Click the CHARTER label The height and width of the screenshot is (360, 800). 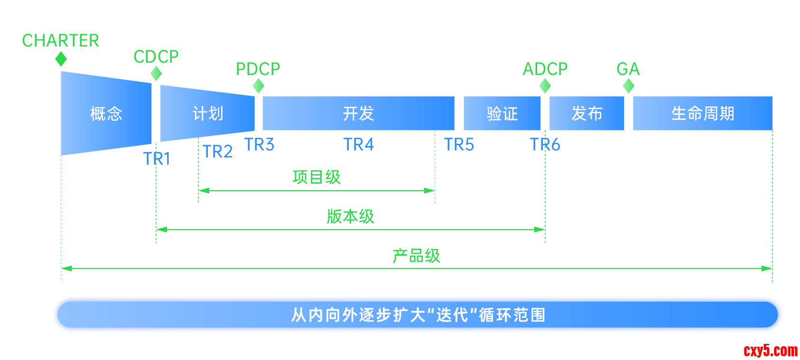point(61,41)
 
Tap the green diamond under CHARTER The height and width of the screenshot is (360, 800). point(61,59)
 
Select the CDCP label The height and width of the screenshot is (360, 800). point(156,57)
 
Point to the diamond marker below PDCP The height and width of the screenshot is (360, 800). point(259,86)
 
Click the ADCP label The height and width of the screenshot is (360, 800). point(545,69)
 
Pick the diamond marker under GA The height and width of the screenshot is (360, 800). point(629,86)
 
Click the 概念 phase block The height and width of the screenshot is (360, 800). point(106,114)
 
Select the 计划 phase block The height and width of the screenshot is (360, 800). point(208,114)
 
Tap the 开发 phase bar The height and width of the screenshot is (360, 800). point(359,114)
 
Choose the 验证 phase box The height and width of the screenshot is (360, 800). point(502,114)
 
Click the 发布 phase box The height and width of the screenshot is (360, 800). point(587,114)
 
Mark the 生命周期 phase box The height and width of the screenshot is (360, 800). point(703,114)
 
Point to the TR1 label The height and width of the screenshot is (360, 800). point(157,158)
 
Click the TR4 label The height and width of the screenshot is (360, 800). point(359,145)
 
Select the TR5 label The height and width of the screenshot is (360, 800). point(459,145)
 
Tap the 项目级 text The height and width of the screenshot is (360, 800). point(316,177)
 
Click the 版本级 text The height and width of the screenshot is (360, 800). point(351,217)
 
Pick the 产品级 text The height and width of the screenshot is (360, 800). point(417,256)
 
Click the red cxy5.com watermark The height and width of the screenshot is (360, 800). point(771,351)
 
